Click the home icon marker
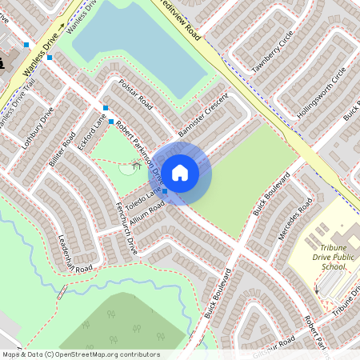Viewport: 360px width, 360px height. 180,172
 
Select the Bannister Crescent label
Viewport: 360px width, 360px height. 205,113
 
